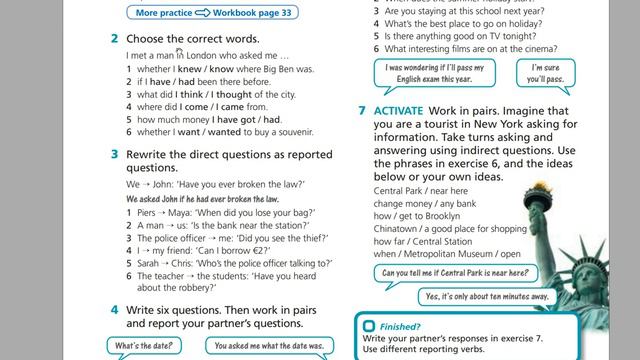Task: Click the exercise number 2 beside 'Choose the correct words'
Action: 115,39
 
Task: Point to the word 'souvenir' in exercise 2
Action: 295,132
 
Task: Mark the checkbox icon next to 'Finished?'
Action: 369,326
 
